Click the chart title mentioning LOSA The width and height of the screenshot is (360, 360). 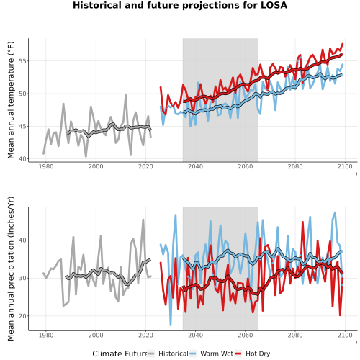pyautogui.click(x=180, y=5)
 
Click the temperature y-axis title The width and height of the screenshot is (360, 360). pyautogui.click(x=11, y=100)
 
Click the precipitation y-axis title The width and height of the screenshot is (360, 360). pyautogui.click(x=11, y=269)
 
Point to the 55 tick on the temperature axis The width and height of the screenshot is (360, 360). pyautogui.click(x=22, y=61)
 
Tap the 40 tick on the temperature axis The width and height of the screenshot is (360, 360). pyautogui.click(x=22, y=159)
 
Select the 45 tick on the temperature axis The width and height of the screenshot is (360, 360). pyautogui.click(x=22, y=126)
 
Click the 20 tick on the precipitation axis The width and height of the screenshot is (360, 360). pyautogui.click(x=22, y=316)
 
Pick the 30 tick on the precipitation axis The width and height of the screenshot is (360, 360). pyautogui.click(x=22, y=278)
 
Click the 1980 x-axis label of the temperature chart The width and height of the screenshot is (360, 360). pyautogui.click(x=46, y=166)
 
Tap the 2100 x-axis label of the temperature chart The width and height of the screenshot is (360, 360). pyautogui.click(x=345, y=166)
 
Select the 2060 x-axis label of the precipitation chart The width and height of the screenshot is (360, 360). pyautogui.click(x=246, y=335)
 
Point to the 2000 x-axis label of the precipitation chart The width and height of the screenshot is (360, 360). pyautogui.click(x=96, y=335)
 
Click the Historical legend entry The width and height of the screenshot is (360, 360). pyautogui.click(x=168, y=354)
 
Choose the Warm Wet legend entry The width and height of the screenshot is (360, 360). pyautogui.click(x=211, y=354)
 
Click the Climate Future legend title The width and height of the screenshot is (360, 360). pyautogui.click(x=120, y=354)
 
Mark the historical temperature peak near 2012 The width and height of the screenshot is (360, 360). pyautogui.click(x=125, y=95)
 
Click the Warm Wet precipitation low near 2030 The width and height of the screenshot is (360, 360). pyautogui.click(x=171, y=325)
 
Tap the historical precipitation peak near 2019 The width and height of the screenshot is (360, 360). pyautogui.click(x=143, y=220)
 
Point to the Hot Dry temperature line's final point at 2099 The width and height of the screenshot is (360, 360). pyautogui.click(x=343, y=44)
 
